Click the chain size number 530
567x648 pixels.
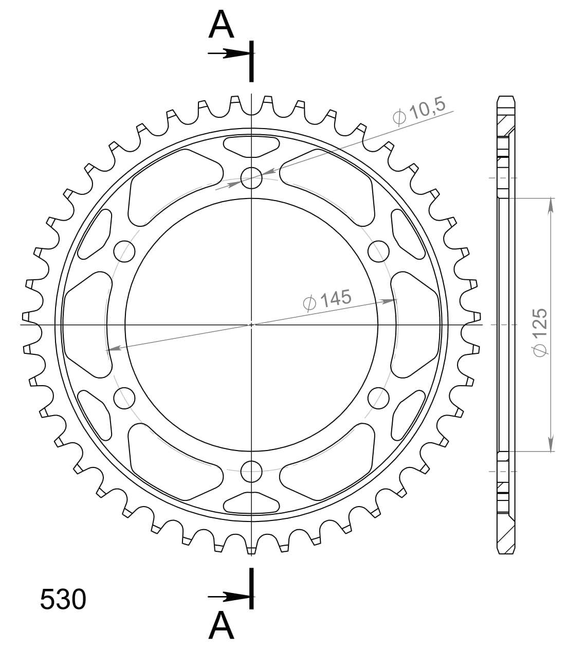click(63, 599)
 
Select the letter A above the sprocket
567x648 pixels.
click(221, 26)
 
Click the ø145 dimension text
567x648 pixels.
click(327, 300)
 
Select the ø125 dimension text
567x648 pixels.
click(540, 332)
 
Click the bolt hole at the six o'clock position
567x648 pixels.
click(251, 471)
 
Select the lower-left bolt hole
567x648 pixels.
click(124, 398)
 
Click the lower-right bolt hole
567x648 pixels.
click(379, 398)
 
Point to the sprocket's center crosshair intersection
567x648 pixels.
click(251, 325)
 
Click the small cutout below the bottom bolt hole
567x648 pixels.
click(251, 503)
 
